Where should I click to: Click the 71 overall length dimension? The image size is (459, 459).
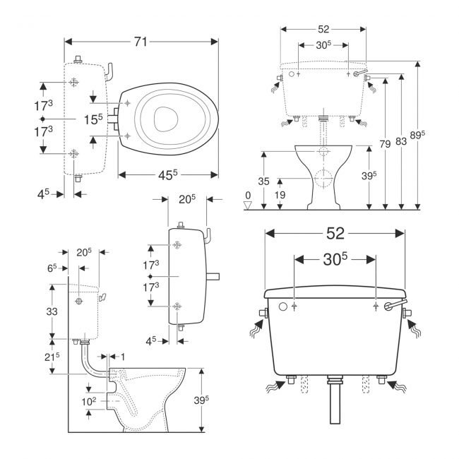tap(141, 42)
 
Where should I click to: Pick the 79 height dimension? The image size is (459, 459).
tap(385, 144)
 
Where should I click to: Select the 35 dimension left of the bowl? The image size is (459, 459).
tap(263, 181)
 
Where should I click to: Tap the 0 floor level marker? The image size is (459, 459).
tap(247, 196)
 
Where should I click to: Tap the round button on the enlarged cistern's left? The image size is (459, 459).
tap(282, 307)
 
